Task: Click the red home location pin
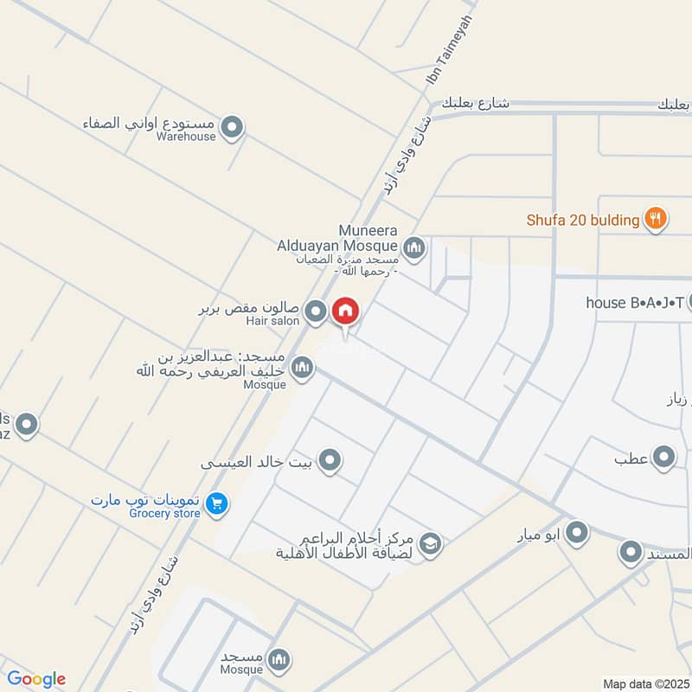coord(345,311)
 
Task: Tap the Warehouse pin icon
coord(232,129)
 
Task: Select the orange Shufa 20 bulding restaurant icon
coord(656,219)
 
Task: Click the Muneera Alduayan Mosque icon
coord(414,249)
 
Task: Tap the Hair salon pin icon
coord(317,311)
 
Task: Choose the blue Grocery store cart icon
coord(218,503)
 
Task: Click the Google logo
coord(35,679)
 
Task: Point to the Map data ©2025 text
coord(644,683)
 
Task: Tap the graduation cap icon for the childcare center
coord(430,544)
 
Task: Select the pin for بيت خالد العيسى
coord(329,461)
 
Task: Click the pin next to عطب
coord(663,458)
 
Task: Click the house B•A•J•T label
coord(635,302)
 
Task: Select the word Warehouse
coord(186,137)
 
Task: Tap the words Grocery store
coord(164,514)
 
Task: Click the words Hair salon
coord(272,321)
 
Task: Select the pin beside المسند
coord(631,552)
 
